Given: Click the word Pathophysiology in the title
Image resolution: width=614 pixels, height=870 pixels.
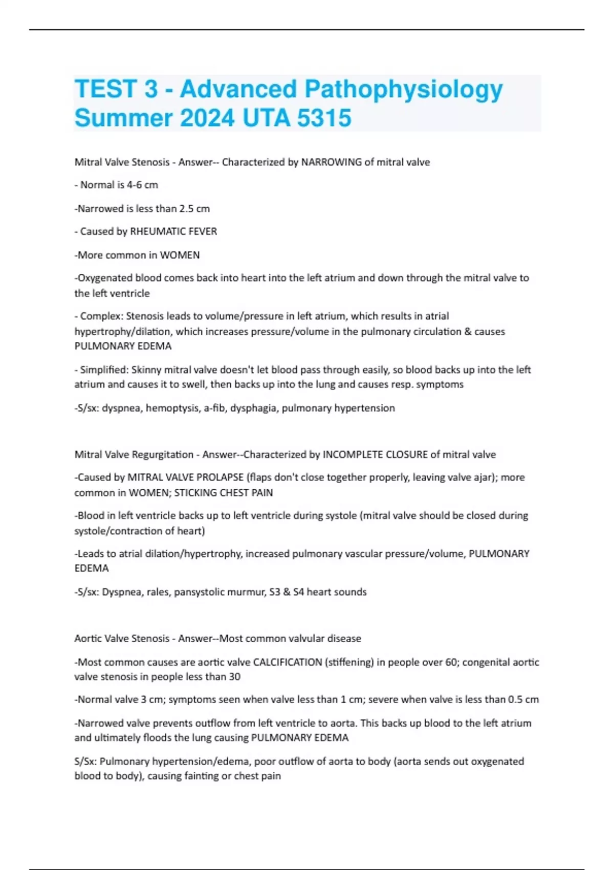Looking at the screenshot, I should click(x=404, y=90).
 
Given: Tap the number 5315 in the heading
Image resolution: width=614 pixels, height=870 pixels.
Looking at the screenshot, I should click(x=324, y=118).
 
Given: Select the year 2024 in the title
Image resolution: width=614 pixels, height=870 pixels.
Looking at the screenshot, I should click(x=207, y=118).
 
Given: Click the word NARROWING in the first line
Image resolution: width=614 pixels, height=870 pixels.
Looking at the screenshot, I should click(x=331, y=162).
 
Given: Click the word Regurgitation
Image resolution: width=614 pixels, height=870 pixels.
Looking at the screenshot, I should click(x=163, y=454).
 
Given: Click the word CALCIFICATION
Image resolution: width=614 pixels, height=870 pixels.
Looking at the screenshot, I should click(x=288, y=662).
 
